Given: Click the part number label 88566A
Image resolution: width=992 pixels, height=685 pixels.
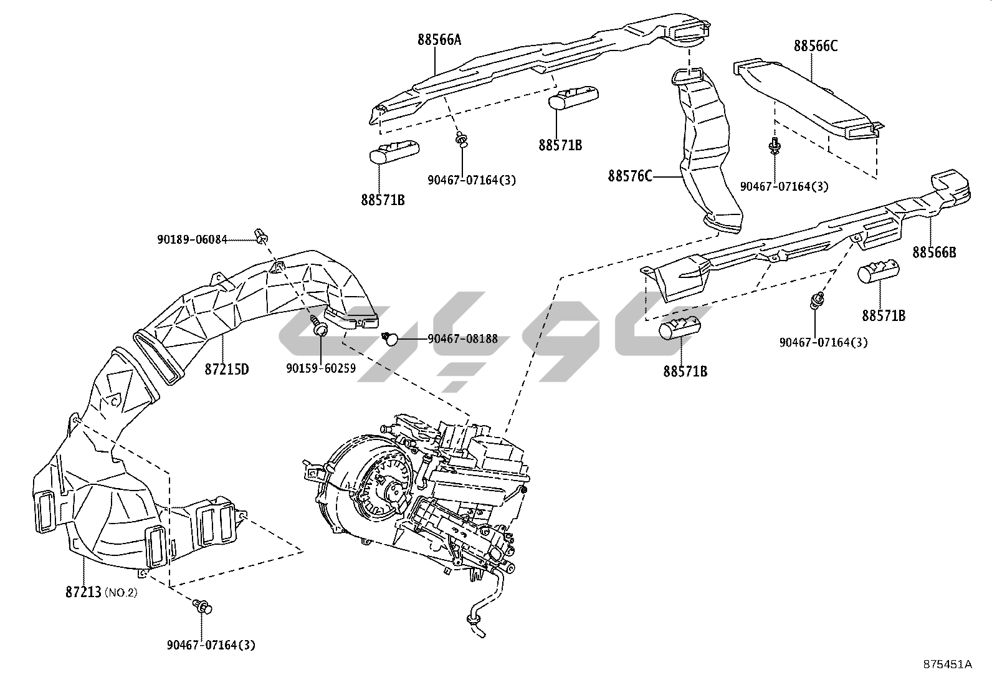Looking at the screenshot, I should (x=439, y=40).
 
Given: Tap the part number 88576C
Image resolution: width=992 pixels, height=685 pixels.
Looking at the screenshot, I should (x=630, y=176).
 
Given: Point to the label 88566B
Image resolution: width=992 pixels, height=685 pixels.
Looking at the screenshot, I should (x=934, y=252).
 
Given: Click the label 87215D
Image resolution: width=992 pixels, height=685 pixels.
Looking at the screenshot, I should (x=227, y=369).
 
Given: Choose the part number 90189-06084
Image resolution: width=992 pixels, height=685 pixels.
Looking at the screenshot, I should (x=191, y=239).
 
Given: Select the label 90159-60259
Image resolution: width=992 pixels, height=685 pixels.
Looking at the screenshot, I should (x=321, y=368).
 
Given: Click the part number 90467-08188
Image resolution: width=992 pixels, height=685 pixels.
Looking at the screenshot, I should (x=462, y=338).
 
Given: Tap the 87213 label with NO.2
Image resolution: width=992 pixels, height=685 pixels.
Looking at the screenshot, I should (x=100, y=592).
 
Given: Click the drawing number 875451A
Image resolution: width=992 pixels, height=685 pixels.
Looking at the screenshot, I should (x=947, y=664).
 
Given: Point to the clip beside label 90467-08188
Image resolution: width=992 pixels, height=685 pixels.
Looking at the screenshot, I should (x=390, y=338).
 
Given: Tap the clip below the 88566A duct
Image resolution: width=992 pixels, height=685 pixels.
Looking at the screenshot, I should (x=461, y=140).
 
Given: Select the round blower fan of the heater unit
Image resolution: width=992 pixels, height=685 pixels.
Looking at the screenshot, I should (x=374, y=492).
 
